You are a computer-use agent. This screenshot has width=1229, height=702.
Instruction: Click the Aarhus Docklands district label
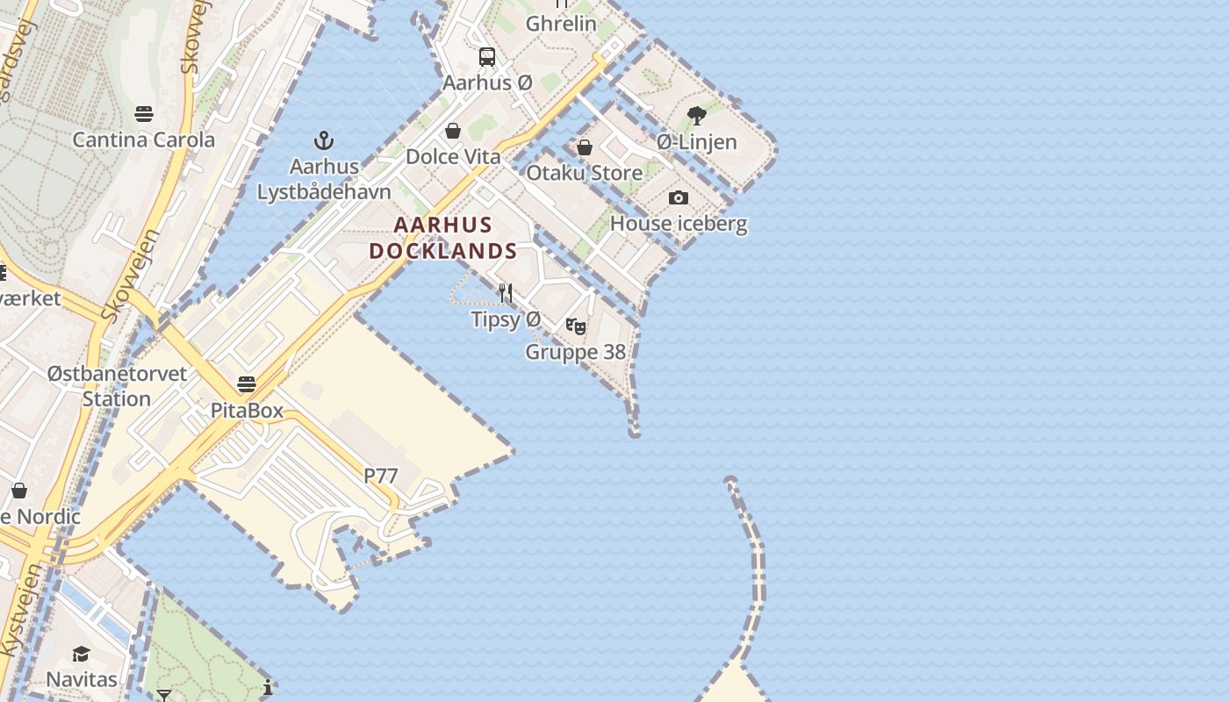[442, 238]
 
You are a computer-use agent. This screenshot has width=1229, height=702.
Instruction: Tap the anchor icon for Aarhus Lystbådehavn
[324, 140]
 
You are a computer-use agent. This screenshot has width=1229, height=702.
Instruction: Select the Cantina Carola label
[143, 140]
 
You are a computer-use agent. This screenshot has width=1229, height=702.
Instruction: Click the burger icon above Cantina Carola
[144, 114]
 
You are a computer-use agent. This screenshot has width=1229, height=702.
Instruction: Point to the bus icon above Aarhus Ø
[486, 57]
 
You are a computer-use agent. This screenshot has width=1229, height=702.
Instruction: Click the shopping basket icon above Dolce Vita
[453, 131]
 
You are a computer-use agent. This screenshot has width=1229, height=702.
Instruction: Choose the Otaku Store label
[584, 173]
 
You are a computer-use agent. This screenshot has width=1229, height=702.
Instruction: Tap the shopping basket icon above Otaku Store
[584, 147]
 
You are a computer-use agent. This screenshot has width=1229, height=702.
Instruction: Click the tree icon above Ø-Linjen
[697, 116]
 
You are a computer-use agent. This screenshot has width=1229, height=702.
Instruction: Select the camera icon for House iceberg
[679, 198]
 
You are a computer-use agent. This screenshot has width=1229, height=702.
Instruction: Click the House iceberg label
[679, 223]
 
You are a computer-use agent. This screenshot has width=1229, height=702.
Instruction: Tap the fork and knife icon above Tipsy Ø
[506, 293]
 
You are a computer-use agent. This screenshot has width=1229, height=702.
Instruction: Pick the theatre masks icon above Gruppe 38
[576, 326]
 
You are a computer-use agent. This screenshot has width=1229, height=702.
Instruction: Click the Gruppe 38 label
[576, 352]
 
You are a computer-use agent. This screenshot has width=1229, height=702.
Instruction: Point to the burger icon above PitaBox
[247, 384]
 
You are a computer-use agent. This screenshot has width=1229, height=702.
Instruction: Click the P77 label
[381, 476]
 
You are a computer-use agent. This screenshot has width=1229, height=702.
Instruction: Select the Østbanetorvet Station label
[117, 386]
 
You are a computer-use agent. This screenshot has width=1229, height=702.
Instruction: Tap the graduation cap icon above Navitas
[81, 654]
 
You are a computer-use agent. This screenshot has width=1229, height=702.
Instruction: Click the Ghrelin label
[561, 24]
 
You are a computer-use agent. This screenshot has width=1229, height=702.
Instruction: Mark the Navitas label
[81, 679]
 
